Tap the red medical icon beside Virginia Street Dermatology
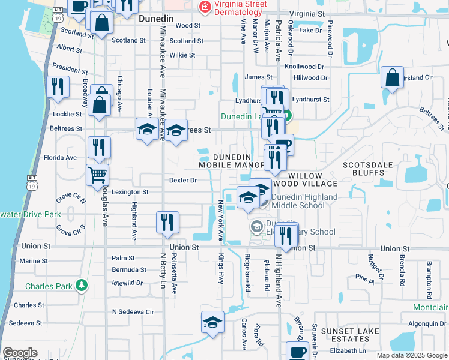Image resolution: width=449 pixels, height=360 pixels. (x=205, y=6)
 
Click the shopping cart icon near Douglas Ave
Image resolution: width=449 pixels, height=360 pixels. (x=97, y=175)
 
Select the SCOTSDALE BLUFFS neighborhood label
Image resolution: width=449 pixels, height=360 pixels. (x=371, y=169)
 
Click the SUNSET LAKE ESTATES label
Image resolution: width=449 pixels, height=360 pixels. (x=349, y=335)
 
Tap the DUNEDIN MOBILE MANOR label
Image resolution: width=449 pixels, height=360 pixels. (x=232, y=161)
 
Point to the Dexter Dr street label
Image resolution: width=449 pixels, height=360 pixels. (x=183, y=180)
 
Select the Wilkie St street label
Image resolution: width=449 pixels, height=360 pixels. (x=182, y=55)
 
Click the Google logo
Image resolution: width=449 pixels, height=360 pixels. (x=20, y=353)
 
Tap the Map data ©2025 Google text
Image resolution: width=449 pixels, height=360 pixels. (x=411, y=355)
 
